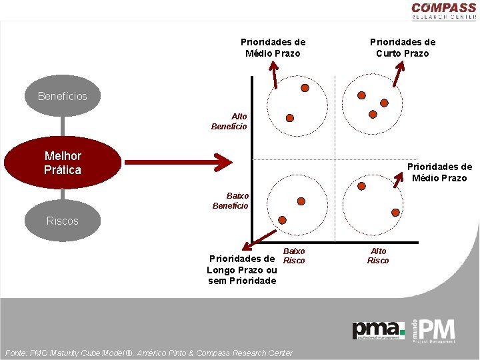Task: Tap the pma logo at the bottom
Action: (378, 330)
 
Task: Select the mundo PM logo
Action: (434, 330)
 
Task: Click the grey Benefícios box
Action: (63, 96)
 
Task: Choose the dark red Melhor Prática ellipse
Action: (63, 163)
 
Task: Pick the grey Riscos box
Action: (63, 221)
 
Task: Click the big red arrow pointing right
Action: (177, 161)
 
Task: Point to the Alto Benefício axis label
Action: (229, 121)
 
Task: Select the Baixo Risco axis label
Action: (294, 255)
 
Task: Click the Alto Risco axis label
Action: (378, 255)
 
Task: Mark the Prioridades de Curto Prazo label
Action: (403, 47)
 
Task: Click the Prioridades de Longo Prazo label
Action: (242, 269)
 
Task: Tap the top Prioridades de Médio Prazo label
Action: (273, 47)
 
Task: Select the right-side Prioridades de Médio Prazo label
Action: (439, 172)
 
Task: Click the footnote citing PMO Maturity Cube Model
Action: (148, 353)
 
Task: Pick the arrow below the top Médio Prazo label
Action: (275, 73)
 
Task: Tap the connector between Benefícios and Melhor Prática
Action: (63, 125)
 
